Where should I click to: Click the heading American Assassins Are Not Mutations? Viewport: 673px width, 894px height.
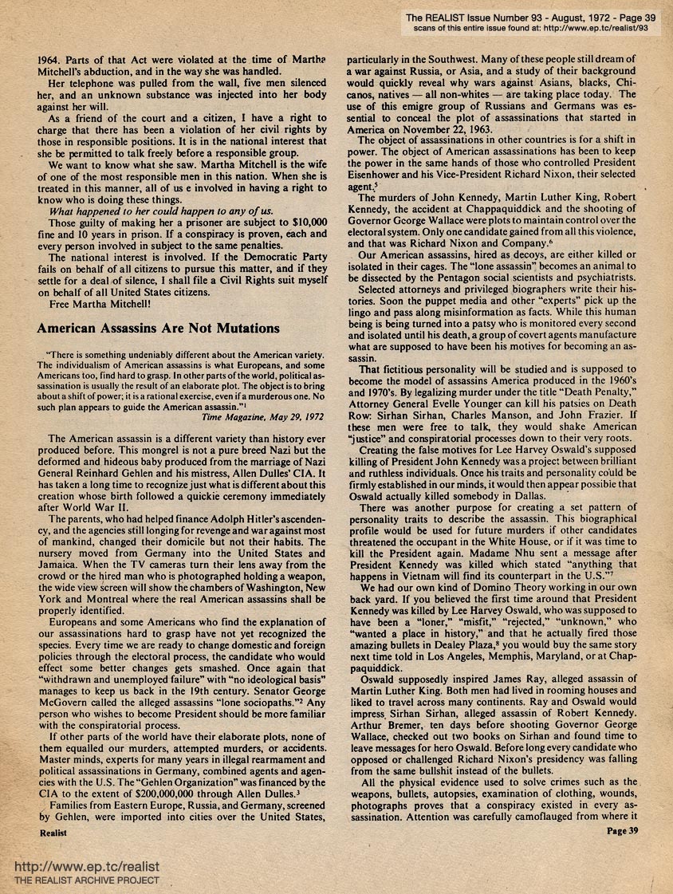[159, 328]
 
